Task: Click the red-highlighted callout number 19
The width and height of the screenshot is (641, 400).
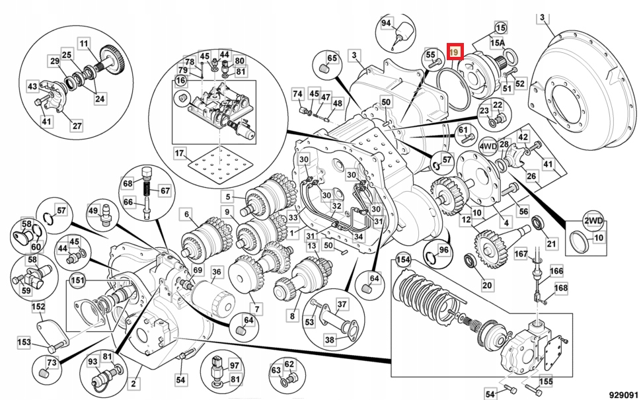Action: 455,51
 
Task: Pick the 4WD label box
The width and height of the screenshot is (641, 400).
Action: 488,145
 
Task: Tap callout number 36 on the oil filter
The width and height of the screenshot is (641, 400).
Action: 216,272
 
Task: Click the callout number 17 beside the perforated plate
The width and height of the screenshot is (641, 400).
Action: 180,154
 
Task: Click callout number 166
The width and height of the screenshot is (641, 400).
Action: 556,270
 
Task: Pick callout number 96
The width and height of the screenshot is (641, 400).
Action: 443,251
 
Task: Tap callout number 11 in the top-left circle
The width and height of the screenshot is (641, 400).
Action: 84,44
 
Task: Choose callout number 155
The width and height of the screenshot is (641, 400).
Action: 545,381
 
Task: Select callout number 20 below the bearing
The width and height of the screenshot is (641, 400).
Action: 487,286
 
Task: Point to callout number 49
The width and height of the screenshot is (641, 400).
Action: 93,211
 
